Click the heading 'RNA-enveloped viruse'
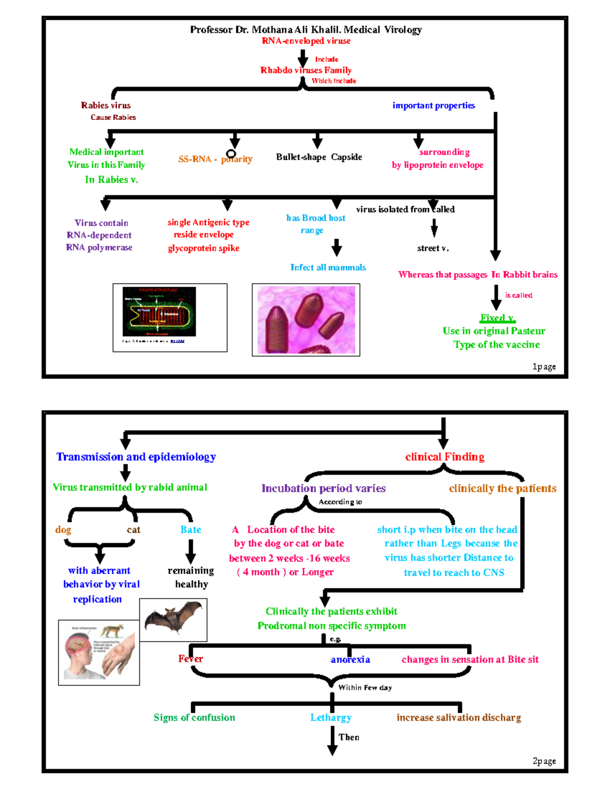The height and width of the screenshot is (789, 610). point(306,41)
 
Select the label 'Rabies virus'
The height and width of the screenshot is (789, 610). point(106,106)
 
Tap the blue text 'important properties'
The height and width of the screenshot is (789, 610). point(434,106)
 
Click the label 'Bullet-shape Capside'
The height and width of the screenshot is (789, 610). point(319,157)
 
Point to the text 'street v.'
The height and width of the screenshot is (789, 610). point(433,248)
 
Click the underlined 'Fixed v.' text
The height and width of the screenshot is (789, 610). point(497,318)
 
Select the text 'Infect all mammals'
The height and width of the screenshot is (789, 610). point(328,268)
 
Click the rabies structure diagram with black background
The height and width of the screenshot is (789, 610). point(159,311)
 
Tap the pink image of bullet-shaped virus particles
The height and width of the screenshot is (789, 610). point(306,320)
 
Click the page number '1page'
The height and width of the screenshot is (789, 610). point(543,367)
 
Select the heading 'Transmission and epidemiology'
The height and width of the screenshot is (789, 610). point(136,457)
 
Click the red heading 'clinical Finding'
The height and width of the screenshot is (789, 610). point(444,457)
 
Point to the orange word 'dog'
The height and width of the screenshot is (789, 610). point(63,530)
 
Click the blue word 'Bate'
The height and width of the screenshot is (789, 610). point(191,530)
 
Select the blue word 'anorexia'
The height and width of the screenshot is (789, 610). point(350,659)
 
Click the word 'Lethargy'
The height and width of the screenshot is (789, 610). point(331,717)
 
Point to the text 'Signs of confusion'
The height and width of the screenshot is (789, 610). point(194,717)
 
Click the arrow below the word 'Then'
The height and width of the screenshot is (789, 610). point(332,743)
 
